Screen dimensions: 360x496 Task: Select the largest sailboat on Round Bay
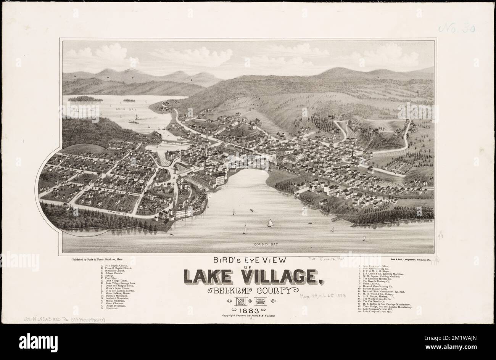(270, 223)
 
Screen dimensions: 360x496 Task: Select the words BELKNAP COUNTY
(251, 291)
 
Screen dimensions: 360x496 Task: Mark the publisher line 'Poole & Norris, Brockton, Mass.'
(100, 259)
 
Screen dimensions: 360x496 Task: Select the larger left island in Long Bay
(85, 99)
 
